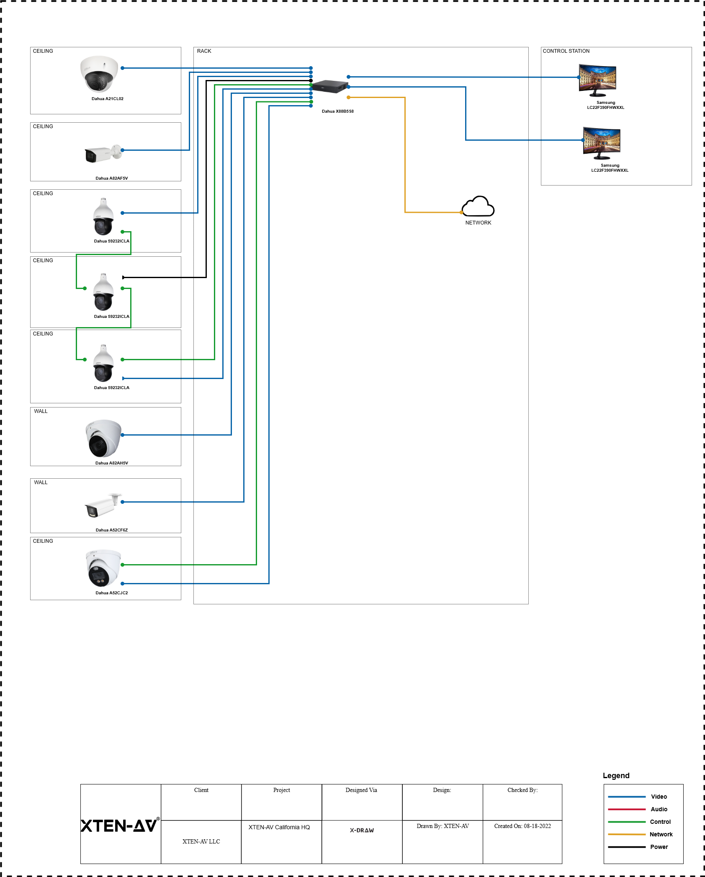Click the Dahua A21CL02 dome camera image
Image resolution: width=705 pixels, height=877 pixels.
coord(99,74)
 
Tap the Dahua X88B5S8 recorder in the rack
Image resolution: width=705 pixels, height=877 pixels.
coord(330,86)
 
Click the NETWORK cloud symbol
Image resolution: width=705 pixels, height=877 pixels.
coord(478,206)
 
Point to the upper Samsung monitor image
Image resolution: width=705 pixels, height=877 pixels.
coord(597,80)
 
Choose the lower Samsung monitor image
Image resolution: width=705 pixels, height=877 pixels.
coord(602,143)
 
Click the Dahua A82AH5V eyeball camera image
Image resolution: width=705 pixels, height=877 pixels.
coord(103,438)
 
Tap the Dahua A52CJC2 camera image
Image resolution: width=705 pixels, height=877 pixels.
coord(103,568)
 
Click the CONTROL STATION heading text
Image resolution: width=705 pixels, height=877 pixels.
coord(566,51)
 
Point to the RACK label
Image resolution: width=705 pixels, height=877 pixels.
coord(204,51)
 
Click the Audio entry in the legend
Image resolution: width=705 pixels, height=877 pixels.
coord(659,809)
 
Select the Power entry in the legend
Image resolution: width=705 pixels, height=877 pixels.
coord(659,847)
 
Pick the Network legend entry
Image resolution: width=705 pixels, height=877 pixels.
coord(661,834)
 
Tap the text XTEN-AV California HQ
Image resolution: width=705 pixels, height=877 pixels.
coord(279,827)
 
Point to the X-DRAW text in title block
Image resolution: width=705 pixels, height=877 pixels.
coord(362,830)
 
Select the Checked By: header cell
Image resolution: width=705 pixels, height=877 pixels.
coord(522,790)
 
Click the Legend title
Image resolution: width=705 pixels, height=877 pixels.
coord(616,776)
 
